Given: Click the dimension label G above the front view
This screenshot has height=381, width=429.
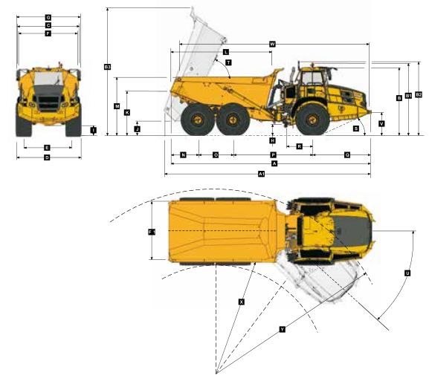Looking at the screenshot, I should [x=48, y=16].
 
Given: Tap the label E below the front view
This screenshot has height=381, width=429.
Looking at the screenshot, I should [x=47, y=148].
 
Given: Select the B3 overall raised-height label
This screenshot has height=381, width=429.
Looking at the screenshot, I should [x=108, y=68].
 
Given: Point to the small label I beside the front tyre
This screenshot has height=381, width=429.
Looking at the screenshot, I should [x=93, y=131].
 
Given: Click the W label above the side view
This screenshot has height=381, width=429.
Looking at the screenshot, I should [x=272, y=45].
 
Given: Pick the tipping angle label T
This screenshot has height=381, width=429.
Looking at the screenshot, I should [x=228, y=62].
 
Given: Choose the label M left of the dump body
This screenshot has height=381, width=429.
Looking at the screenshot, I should [x=117, y=107].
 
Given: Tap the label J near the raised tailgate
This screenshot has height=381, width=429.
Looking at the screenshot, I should [x=138, y=129].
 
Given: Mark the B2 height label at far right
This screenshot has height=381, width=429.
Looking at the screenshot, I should [x=419, y=94].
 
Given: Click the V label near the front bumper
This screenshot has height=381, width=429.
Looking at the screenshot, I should [x=381, y=124].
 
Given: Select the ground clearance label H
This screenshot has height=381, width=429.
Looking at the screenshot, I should [x=273, y=140].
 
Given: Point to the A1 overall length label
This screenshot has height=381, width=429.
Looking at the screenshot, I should [x=261, y=174].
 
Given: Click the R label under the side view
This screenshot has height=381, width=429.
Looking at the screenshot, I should [x=299, y=146].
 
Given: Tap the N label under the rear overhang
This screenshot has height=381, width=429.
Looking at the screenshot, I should [x=184, y=154].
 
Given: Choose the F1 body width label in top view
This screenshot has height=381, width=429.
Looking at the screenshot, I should [x=152, y=232].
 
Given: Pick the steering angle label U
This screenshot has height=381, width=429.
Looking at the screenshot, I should [x=407, y=273].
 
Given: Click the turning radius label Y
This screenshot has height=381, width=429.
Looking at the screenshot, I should [x=282, y=329].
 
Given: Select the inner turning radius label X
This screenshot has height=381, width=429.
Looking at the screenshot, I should [x=241, y=302].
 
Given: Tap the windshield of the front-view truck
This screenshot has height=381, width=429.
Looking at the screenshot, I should [x=48, y=79].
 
